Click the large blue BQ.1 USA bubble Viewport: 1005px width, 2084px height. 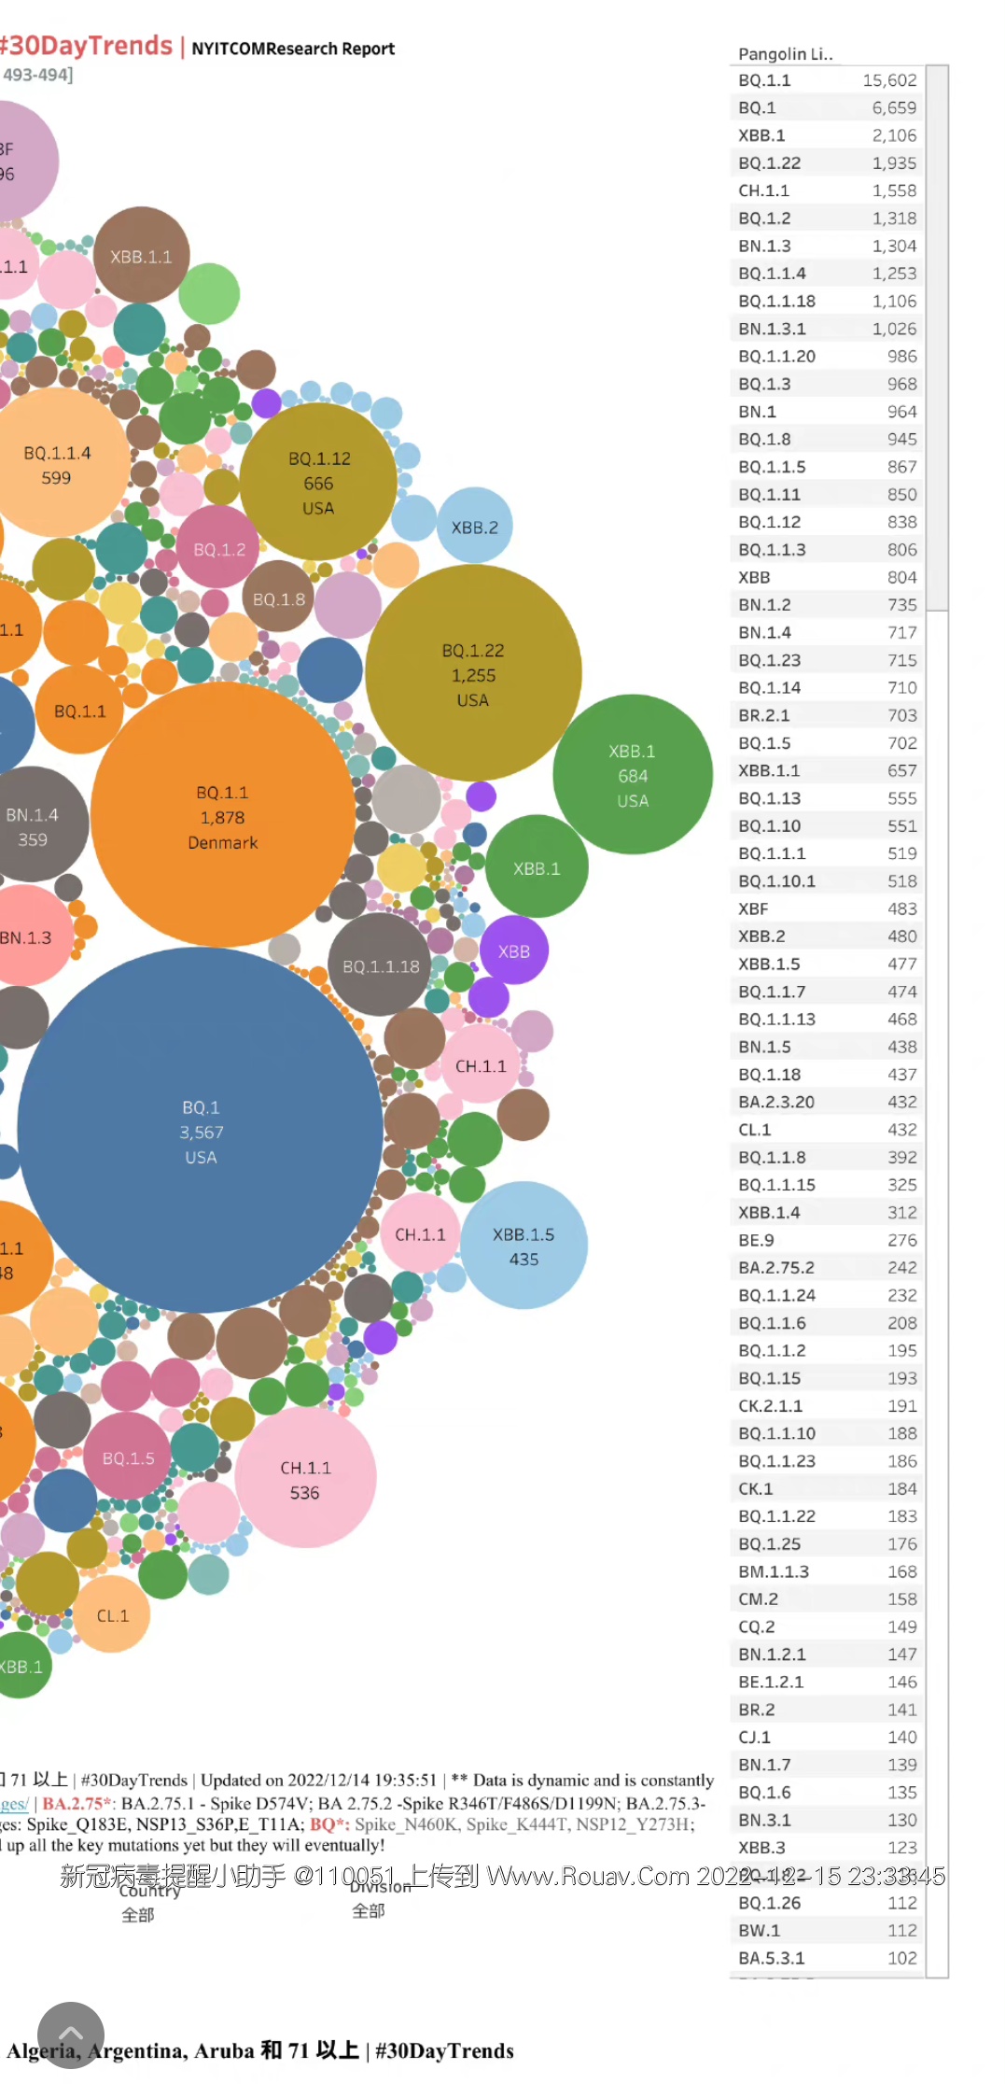coord(201,1131)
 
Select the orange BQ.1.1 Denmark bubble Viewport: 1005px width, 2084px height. coord(222,816)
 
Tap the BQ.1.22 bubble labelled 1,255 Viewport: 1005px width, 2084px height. coord(473,674)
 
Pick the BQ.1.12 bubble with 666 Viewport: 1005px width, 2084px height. coord(318,483)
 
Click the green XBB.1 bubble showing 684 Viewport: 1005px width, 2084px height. coord(633,775)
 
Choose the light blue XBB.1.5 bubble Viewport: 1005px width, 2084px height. coord(523,1246)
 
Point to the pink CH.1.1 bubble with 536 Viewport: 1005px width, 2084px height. coord(305,1479)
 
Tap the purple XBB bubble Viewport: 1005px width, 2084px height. coord(513,951)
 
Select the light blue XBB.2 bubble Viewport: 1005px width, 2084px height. coord(474,527)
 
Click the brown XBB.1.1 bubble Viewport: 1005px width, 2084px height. coord(141,256)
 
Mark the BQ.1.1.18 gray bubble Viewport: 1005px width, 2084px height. coord(381,965)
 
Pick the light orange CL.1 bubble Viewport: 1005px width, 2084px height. coord(113,1615)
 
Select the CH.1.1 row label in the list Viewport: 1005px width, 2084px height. coord(763,190)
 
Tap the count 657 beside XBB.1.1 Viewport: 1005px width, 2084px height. coord(901,770)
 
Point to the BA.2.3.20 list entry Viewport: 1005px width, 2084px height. coord(776,1102)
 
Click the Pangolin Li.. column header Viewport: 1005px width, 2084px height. coord(785,54)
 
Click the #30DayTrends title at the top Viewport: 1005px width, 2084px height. coord(87,46)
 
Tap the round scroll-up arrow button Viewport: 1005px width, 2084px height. coord(71,2035)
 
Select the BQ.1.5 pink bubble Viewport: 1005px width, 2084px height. coord(128,1457)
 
